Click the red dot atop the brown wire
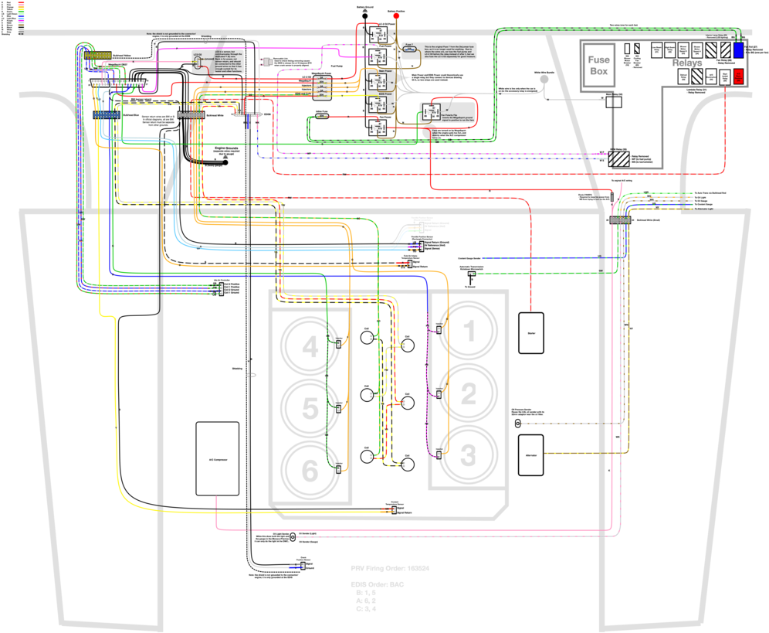396,15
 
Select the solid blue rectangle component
738,50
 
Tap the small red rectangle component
738,77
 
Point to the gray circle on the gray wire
544,79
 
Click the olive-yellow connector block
98,56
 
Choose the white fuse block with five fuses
322,87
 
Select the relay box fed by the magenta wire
378,57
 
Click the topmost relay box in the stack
378,35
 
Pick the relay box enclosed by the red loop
431,111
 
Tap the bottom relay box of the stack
378,128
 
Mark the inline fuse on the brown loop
410,49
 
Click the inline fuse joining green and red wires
322,116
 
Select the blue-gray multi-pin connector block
107,115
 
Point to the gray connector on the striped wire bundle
620,220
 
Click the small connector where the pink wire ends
198,62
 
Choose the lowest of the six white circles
408,465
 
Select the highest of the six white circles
367,338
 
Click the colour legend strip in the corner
21,17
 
